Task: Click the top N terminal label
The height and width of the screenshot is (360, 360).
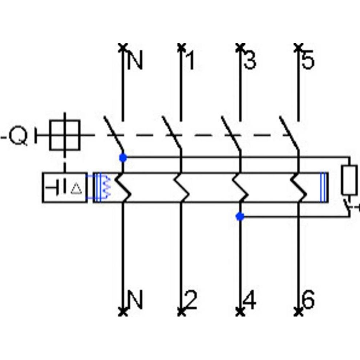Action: (135, 61)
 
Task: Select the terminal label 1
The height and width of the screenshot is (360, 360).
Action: (190, 61)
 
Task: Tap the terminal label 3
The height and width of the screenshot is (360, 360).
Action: (250, 61)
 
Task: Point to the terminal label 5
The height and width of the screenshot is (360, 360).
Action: (308, 61)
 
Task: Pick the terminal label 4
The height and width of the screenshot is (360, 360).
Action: (250, 300)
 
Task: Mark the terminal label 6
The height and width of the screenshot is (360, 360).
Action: (308, 300)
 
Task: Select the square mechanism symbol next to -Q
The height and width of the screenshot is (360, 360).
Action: (65, 135)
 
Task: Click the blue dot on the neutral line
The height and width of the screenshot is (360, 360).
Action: (123, 158)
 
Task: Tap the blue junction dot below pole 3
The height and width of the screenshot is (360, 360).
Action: (240, 217)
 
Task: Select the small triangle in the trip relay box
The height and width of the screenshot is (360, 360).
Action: (76, 188)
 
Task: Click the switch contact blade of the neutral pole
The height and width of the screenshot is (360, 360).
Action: (114, 134)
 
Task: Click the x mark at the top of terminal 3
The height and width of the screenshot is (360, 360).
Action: (240, 46)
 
